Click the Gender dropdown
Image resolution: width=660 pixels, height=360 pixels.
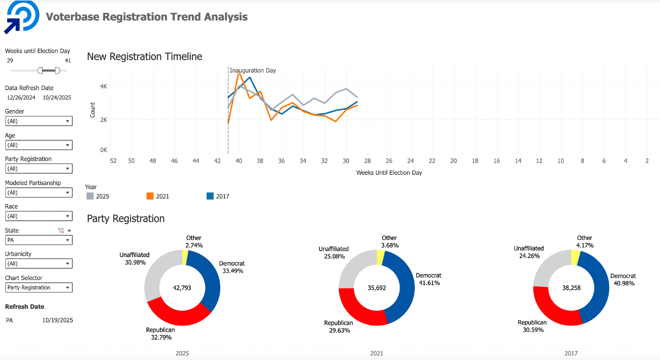pos(39,121)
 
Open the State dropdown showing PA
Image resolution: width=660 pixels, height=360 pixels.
pos(39,240)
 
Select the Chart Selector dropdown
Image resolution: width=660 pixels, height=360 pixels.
pos(39,288)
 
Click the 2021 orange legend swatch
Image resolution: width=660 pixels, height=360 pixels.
pos(150,196)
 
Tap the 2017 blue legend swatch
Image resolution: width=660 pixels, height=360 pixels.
pos(210,196)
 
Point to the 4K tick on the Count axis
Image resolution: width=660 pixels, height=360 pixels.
pos(104,86)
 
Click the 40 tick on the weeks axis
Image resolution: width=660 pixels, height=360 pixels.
pos(239,161)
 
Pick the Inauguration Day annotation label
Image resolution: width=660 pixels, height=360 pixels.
pos(253,71)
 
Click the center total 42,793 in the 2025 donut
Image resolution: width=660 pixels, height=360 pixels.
pos(182,288)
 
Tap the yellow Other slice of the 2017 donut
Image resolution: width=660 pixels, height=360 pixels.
pos(575,257)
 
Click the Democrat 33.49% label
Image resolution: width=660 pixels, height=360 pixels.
pos(232,267)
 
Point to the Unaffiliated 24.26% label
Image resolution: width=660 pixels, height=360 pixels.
pos(529,252)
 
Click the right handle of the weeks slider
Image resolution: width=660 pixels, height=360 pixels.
pos(57,71)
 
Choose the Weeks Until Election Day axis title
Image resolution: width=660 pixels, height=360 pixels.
pos(389,173)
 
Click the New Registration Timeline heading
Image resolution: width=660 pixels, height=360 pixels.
pos(145,57)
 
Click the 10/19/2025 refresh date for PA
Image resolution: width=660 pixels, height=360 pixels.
pos(57,320)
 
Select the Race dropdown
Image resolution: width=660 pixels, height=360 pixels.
pos(39,216)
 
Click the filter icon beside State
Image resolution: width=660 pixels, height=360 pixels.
pos(61,231)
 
